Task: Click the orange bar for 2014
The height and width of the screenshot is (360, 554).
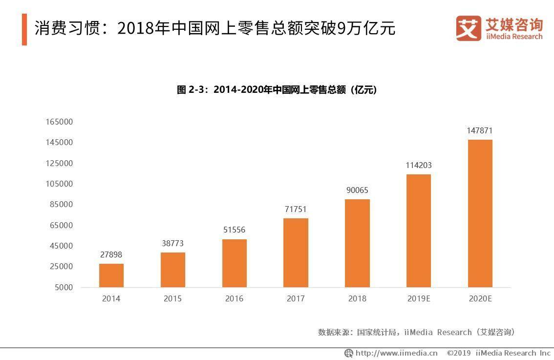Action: click(x=111, y=275)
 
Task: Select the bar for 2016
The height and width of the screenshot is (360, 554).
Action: click(x=234, y=263)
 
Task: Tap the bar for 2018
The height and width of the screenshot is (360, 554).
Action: click(x=357, y=243)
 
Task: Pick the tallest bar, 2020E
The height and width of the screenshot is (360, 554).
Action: click(x=480, y=213)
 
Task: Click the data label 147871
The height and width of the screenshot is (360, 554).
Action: click(x=480, y=131)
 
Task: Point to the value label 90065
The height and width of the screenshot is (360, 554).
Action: click(x=357, y=191)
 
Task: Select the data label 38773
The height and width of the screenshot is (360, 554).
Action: click(x=173, y=243)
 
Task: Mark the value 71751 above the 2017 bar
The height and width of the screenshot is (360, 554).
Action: click(x=296, y=210)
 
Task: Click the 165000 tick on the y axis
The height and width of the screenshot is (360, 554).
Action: click(x=59, y=122)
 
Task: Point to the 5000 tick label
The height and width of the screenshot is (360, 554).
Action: click(x=63, y=287)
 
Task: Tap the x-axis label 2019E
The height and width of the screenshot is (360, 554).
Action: click(x=419, y=298)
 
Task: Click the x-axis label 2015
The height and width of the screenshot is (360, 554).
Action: click(x=172, y=298)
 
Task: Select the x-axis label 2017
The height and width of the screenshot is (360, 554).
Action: click(x=296, y=298)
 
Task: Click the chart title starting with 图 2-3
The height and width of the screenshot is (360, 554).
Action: click(x=277, y=90)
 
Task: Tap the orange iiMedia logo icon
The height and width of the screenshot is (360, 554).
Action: click(x=469, y=28)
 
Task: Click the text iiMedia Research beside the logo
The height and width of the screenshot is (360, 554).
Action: click(x=514, y=37)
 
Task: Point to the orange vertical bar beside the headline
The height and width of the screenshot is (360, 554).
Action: click(x=24, y=30)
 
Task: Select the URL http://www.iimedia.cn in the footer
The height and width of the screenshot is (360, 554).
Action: click(x=396, y=353)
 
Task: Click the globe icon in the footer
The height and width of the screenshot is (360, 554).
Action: click(x=349, y=353)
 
